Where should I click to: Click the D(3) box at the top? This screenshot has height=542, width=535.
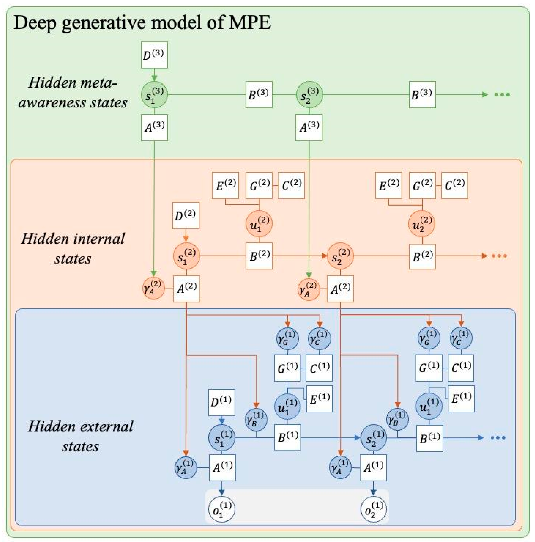click(x=154, y=55)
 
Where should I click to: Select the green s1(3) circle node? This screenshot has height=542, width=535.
click(x=154, y=95)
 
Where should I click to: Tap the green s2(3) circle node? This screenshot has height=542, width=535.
click(x=309, y=95)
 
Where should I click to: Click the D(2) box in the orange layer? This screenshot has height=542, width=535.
click(x=185, y=215)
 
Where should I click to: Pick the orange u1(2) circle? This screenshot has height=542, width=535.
click(x=259, y=224)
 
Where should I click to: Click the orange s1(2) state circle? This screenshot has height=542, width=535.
click(x=186, y=256)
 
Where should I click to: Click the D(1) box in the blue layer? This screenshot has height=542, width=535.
click(x=222, y=402)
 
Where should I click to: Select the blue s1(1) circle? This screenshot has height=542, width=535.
click(x=222, y=438)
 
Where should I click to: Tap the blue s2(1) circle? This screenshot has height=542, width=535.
click(x=373, y=438)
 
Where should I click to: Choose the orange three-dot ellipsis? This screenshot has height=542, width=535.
click(x=499, y=256)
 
